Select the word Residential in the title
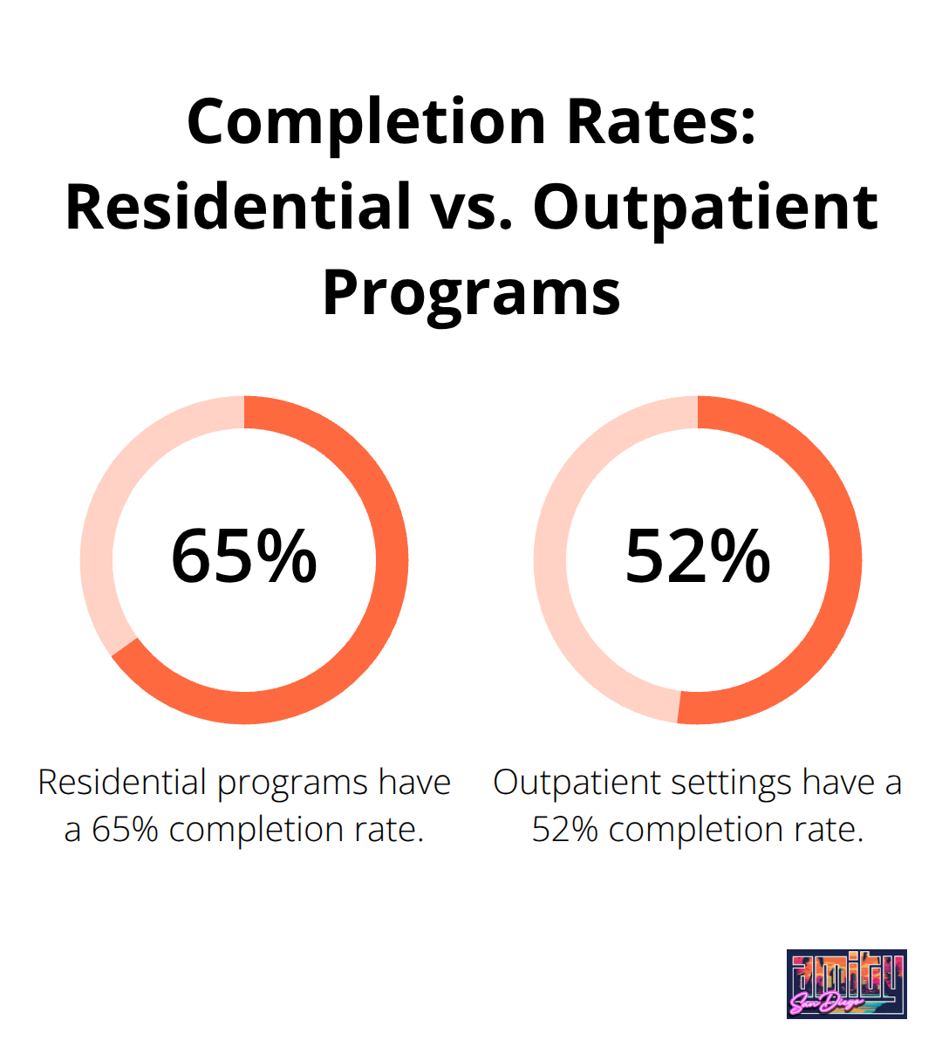[x=237, y=207]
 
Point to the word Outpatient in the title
[x=705, y=207]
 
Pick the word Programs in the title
[x=471, y=292]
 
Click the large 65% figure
[x=244, y=556]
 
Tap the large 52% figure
[x=698, y=556]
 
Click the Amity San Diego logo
[x=846, y=983]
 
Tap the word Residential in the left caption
[x=122, y=783]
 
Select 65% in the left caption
[x=125, y=829]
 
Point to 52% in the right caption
[x=564, y=829]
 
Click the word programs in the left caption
[x=293, y=783]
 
